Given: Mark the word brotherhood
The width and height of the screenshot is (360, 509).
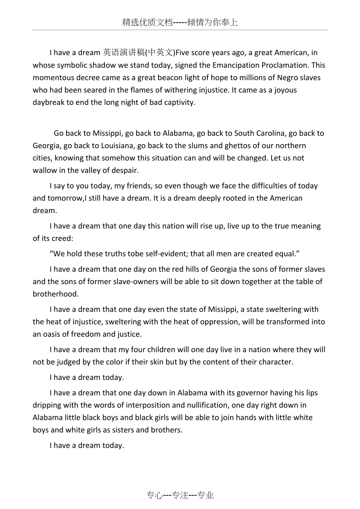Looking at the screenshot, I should tap(56, 294).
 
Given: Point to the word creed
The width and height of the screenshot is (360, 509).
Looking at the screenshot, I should tap(62, 238).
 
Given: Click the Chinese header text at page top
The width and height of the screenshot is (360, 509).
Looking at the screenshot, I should tap(180, 23).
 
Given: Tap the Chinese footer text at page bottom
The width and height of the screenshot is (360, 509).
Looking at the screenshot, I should tap(180, 495).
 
